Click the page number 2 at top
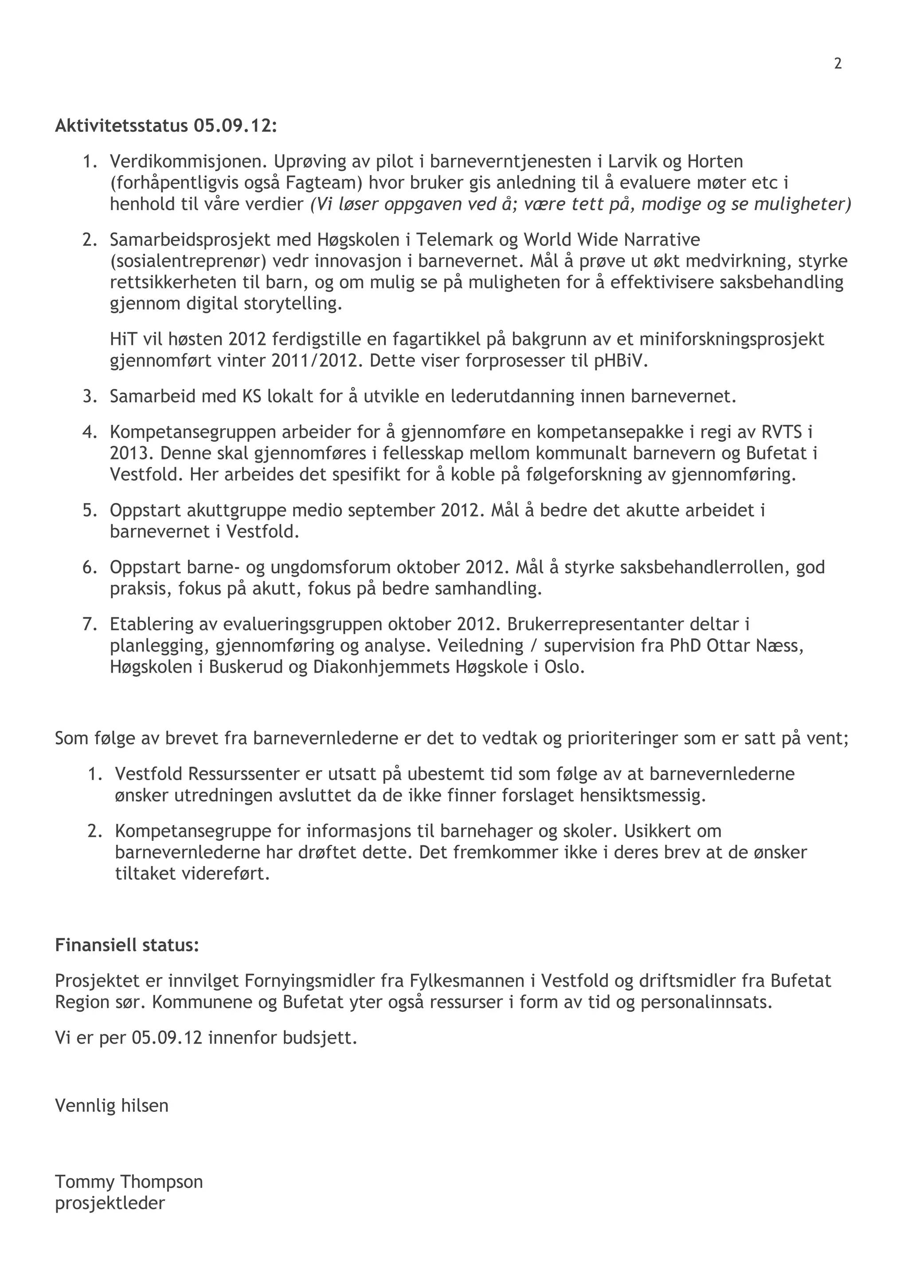coord(838,64)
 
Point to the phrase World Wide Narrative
coord(612,240)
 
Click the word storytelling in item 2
coord(293,304)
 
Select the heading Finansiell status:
coord(127,945)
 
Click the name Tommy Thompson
coord(129,1182)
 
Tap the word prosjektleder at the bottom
coord(110,1203)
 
